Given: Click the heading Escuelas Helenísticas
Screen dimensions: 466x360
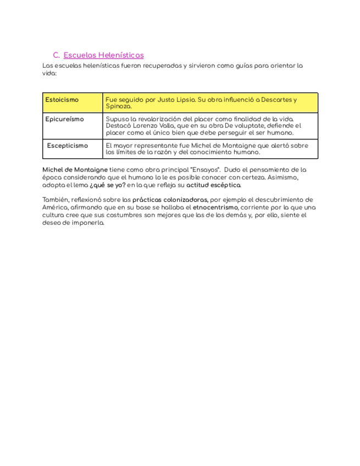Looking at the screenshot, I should [103, 55].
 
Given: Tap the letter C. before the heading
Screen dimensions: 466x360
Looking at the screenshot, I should [56, 55].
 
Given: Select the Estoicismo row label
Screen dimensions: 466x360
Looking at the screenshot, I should [62, 100].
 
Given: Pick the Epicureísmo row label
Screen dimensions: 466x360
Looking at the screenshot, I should [64, 119].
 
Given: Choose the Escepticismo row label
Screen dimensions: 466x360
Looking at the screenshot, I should [67, 146].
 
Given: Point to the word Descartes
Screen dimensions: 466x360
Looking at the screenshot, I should [277, 100].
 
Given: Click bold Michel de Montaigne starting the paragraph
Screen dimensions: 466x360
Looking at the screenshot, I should [75, 170].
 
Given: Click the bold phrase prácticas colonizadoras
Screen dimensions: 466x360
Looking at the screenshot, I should [170, 200].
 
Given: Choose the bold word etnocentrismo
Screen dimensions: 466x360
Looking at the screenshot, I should [215, 208].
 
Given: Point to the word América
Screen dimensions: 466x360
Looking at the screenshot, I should [55, 208].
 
